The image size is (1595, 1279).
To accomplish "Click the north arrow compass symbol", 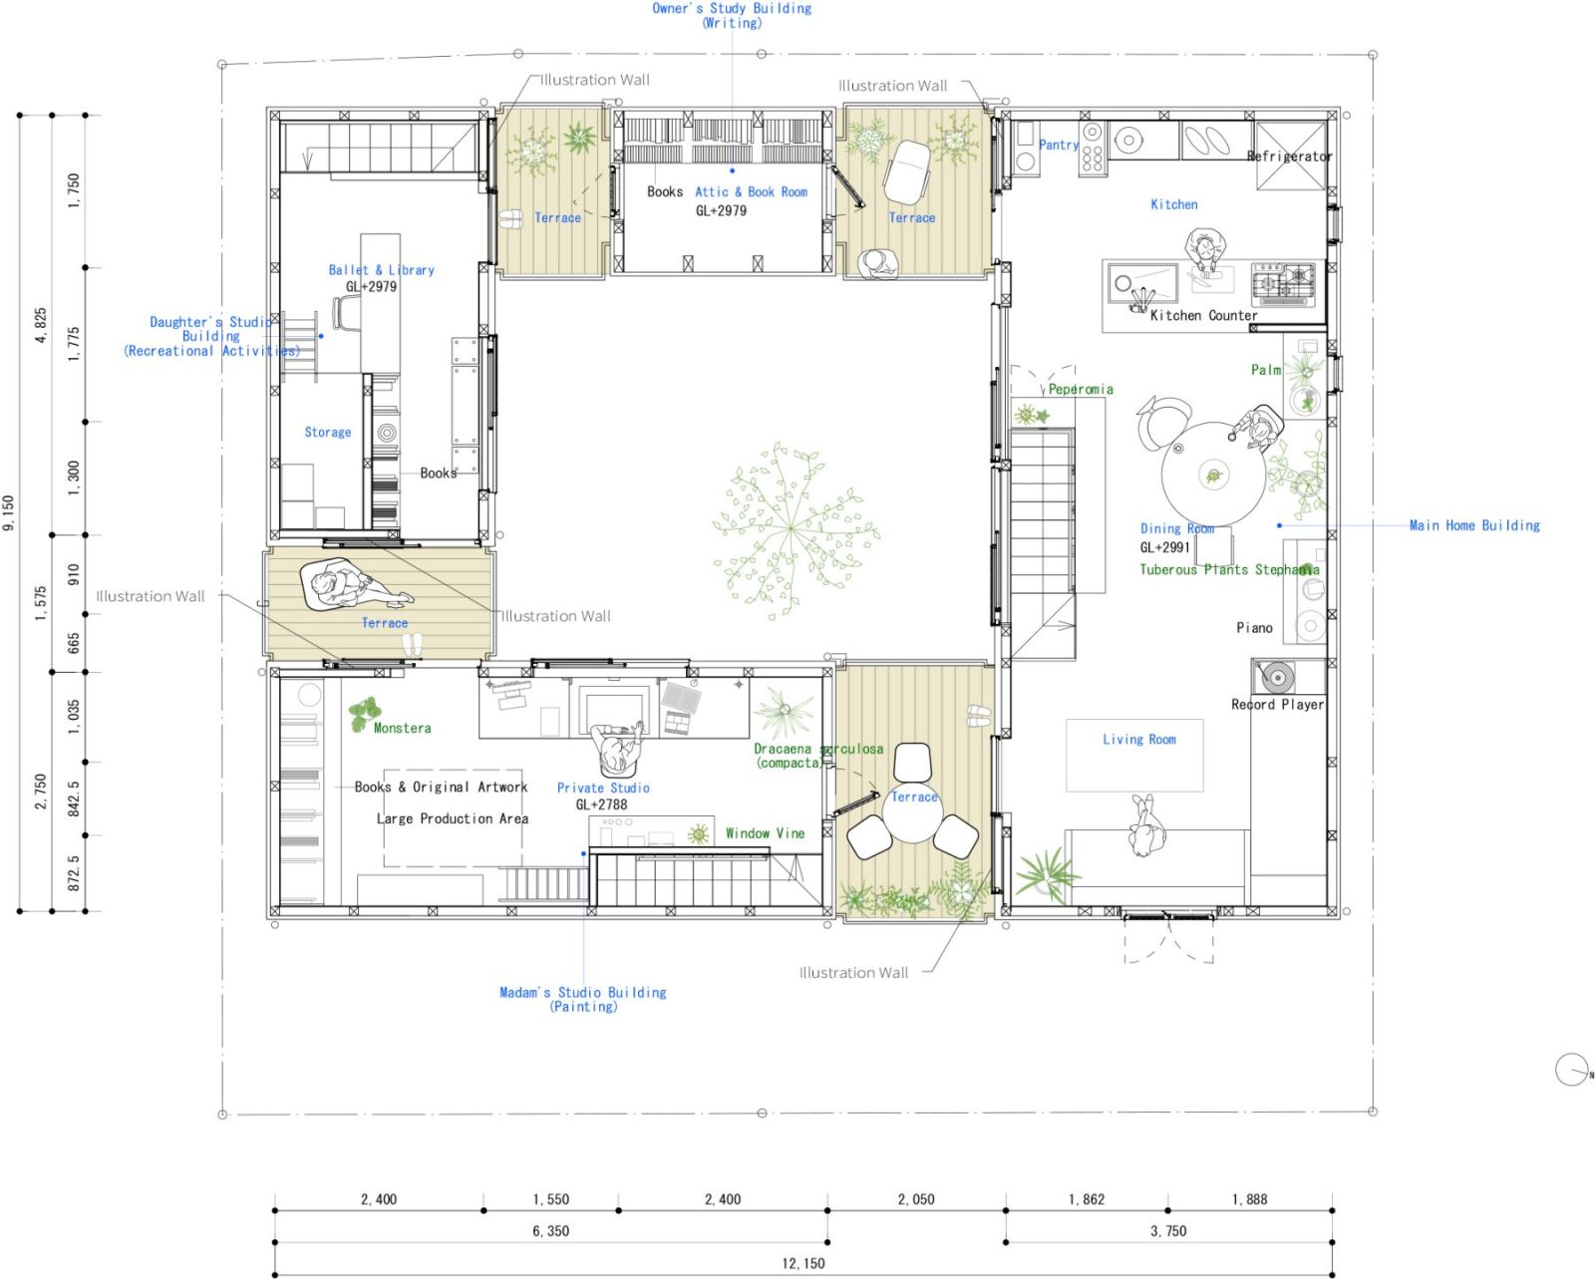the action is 1572,1070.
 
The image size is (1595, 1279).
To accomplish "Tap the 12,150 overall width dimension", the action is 803,1263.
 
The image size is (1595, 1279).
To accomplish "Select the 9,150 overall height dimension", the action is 9,513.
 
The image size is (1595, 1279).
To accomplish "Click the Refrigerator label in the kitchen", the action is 1290,157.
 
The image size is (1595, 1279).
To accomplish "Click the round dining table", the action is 1213,476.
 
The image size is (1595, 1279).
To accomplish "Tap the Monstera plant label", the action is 403,728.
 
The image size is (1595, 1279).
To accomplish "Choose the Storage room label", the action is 328,433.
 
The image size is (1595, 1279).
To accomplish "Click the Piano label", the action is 1254,628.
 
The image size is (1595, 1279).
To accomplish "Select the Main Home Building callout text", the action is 1474,525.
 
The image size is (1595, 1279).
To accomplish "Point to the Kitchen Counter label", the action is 1203,315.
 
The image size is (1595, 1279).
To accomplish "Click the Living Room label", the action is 1139,740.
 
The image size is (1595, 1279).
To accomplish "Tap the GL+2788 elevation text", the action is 601,804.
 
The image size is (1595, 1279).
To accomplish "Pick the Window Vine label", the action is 765,833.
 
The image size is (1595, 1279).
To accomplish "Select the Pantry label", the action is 1059,145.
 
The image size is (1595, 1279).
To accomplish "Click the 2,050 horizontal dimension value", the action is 916,1199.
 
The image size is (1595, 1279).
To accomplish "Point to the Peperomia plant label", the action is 1081,389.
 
